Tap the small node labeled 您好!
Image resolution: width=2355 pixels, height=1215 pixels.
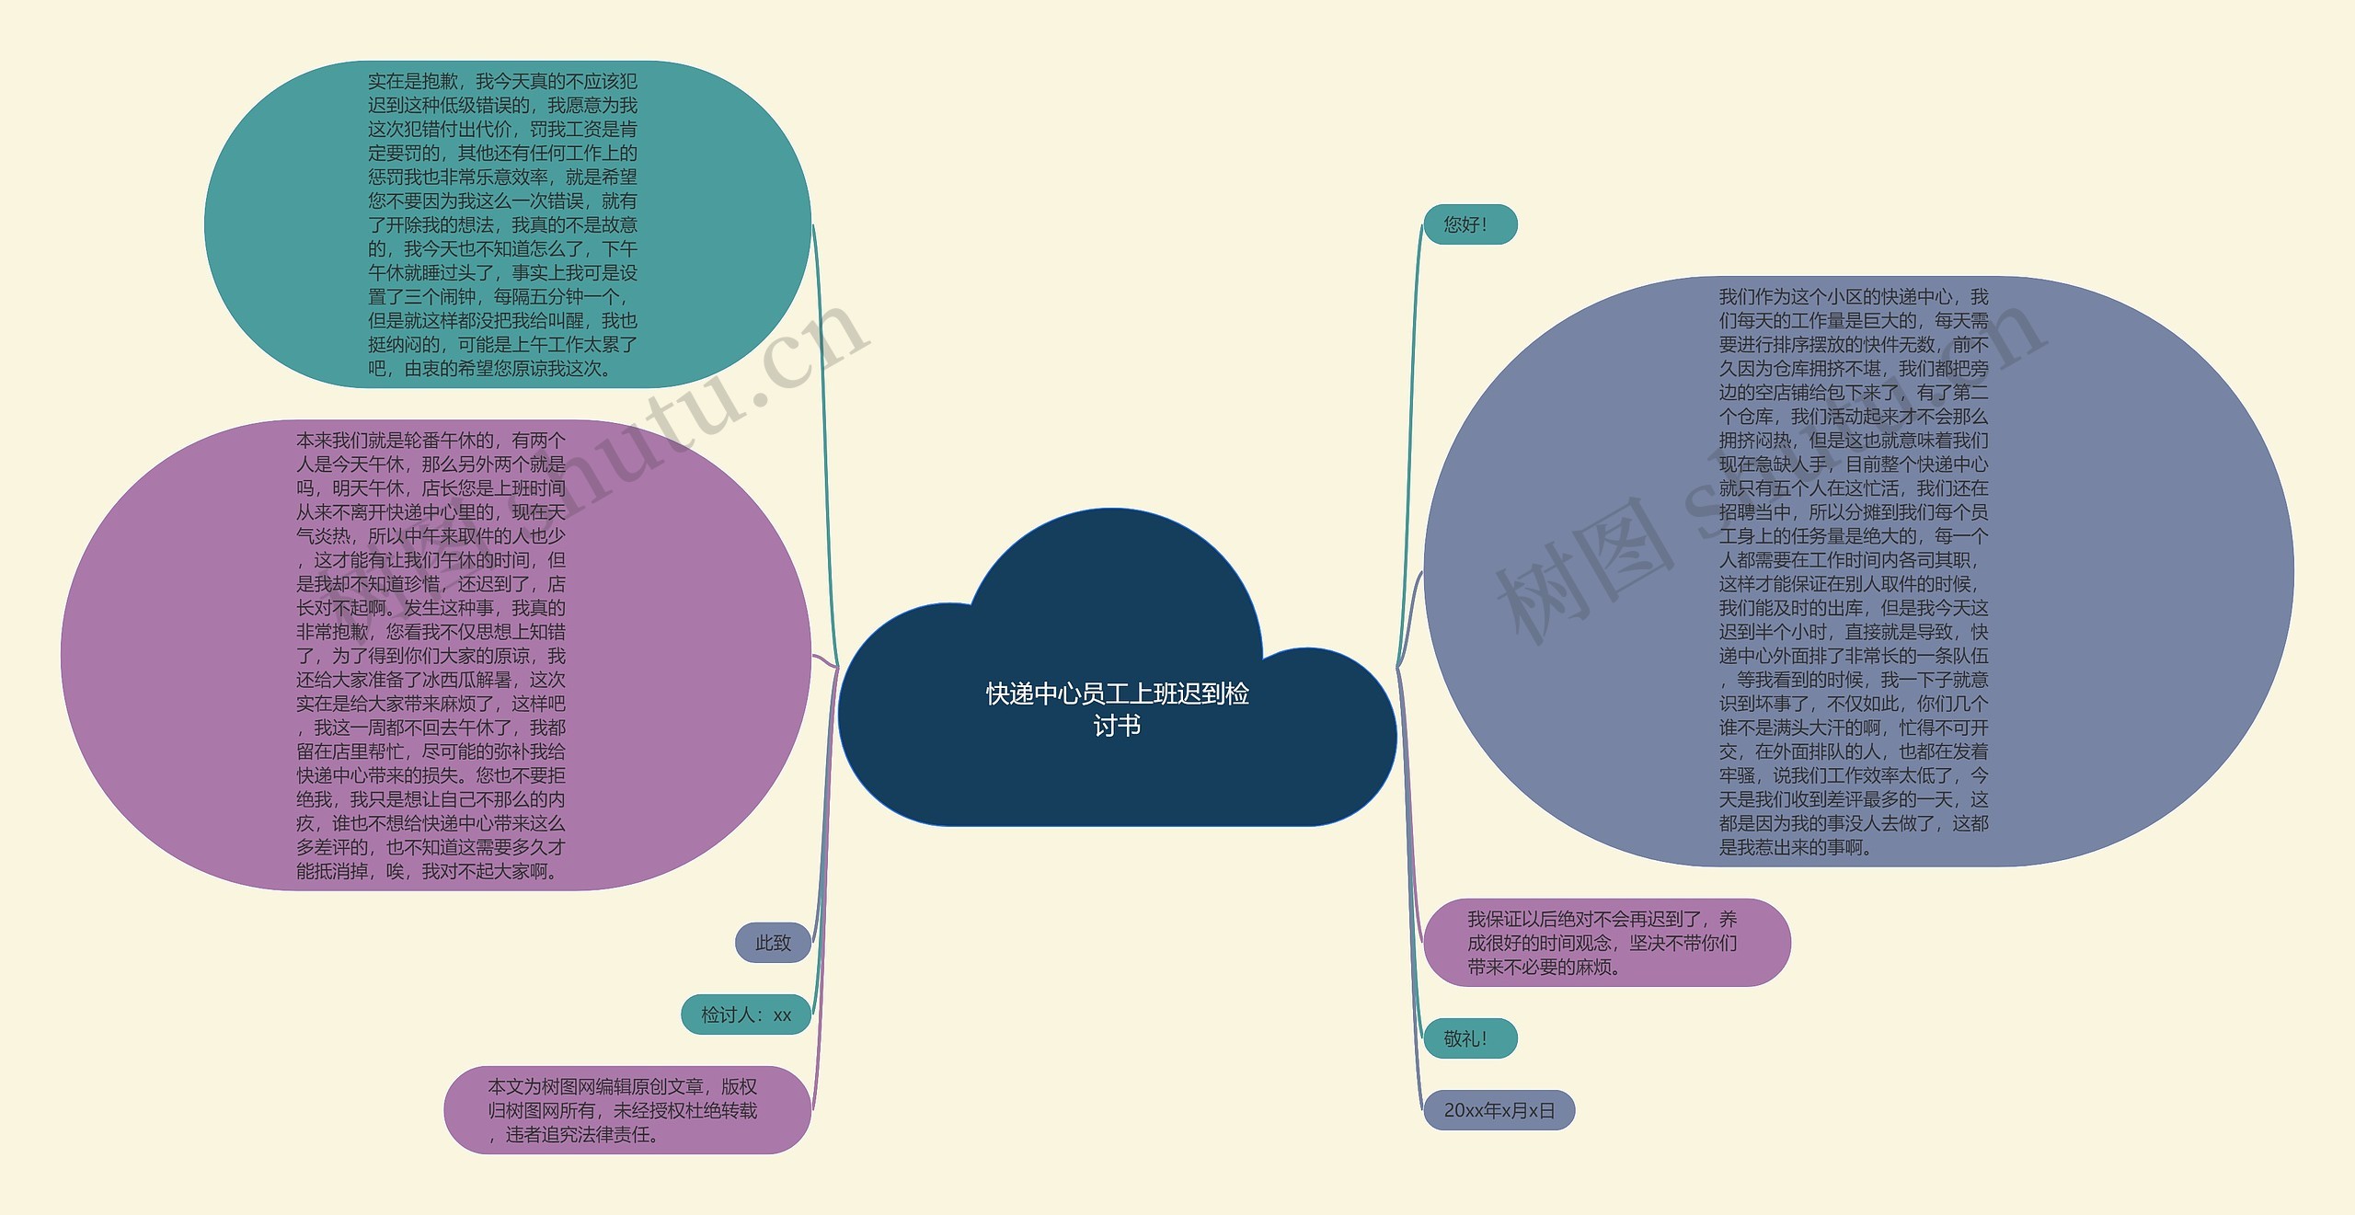click(1469, 224)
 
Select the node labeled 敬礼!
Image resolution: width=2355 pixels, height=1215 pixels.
click(1469, 1038)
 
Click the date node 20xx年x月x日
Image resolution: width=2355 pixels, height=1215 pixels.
click(1499, 1110)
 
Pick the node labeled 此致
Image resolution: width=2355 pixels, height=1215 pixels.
click(773, 943)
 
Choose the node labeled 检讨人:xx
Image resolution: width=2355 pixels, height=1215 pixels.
click(746, 1014)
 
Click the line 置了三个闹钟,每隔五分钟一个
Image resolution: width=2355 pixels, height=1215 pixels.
click(498, 297)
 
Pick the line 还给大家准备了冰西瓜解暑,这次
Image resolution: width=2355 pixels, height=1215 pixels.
click(431, 680)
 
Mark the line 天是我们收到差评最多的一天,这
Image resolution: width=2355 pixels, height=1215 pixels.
click(1854, 799)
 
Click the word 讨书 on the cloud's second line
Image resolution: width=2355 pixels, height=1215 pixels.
click(1117, 727)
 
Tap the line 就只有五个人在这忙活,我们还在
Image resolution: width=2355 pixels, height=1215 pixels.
click(1854, 488)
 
